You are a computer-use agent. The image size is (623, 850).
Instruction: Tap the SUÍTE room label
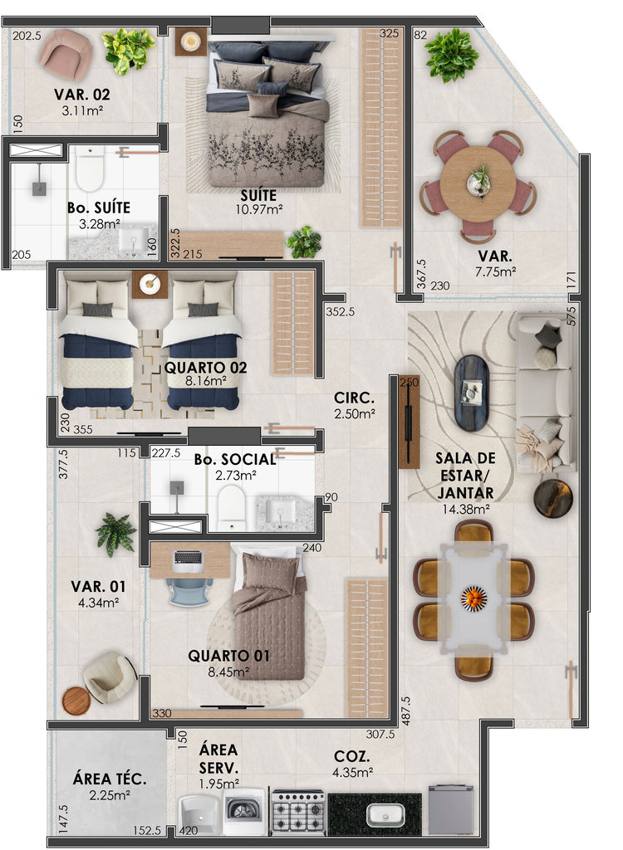pos(259,196)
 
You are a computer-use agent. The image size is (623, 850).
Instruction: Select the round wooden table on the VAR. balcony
pos(478,183)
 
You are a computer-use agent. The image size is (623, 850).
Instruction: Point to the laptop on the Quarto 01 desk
pos(188,561)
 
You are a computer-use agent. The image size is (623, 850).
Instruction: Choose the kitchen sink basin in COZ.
pos(385,814)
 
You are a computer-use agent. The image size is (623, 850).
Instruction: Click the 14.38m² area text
pos(466,509)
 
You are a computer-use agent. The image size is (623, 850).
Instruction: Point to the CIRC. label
pos(355,398)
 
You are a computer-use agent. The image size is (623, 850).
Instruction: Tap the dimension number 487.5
pos(406,711)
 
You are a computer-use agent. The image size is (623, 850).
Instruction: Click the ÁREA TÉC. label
pos(110,779)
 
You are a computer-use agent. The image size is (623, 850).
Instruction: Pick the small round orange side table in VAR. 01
pos(76,701)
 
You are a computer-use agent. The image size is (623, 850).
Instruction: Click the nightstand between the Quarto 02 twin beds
pos(150,284)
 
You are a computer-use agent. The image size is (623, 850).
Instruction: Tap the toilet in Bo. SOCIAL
pos(231,507)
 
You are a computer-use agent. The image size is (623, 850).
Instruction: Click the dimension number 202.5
pos(27,36)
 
